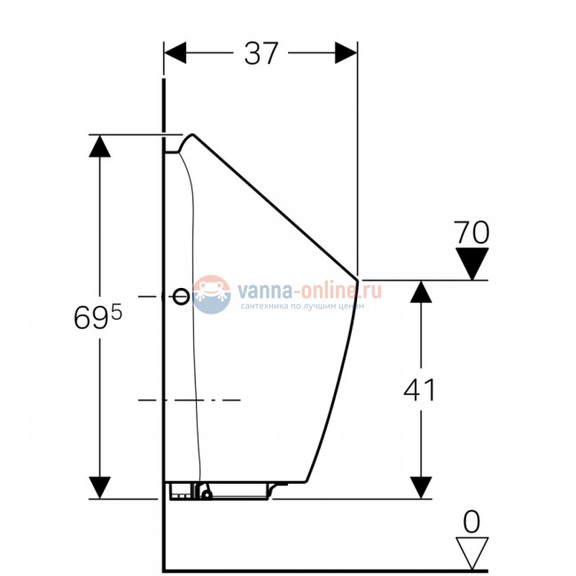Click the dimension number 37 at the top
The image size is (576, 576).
261,54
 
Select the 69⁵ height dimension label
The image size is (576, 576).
97,316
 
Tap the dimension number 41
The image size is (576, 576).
419,390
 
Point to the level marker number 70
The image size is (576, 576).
471,232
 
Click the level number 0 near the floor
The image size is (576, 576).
471,521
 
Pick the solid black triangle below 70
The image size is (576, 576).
472,263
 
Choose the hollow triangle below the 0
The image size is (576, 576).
472,553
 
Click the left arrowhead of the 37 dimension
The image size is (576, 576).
175,53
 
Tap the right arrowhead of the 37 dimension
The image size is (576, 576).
346,53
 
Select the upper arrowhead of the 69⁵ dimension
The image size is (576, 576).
99,146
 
